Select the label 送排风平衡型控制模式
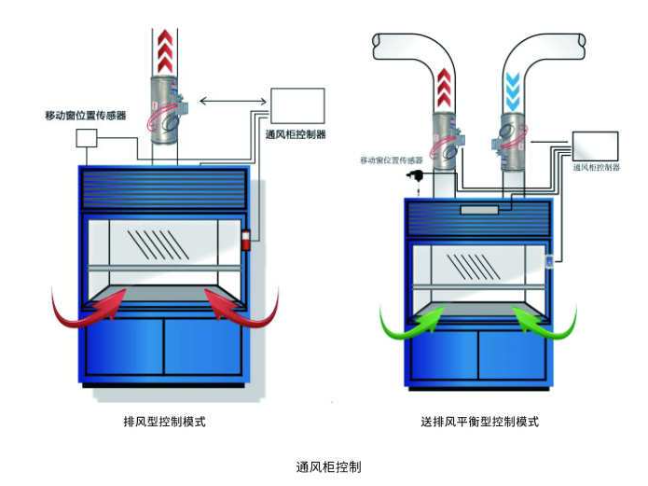click(x=479, y=422)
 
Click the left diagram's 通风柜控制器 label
click(x=296, y=134)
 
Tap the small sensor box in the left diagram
click(x=86, y=138)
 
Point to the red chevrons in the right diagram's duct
click(x=445, y=90)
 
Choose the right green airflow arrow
click(x=545, y=321)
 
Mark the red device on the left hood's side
click(x=247, y=238)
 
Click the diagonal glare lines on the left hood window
click(x=150, y=243)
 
